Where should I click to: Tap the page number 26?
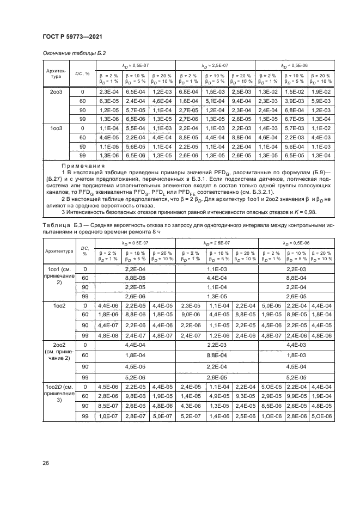(46, 463)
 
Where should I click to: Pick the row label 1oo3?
(55, 128)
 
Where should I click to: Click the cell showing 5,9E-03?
(320, 101)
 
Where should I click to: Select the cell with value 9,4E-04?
(242, 101)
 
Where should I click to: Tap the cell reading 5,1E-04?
(216, 101)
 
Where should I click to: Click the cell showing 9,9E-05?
(294, 396)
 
